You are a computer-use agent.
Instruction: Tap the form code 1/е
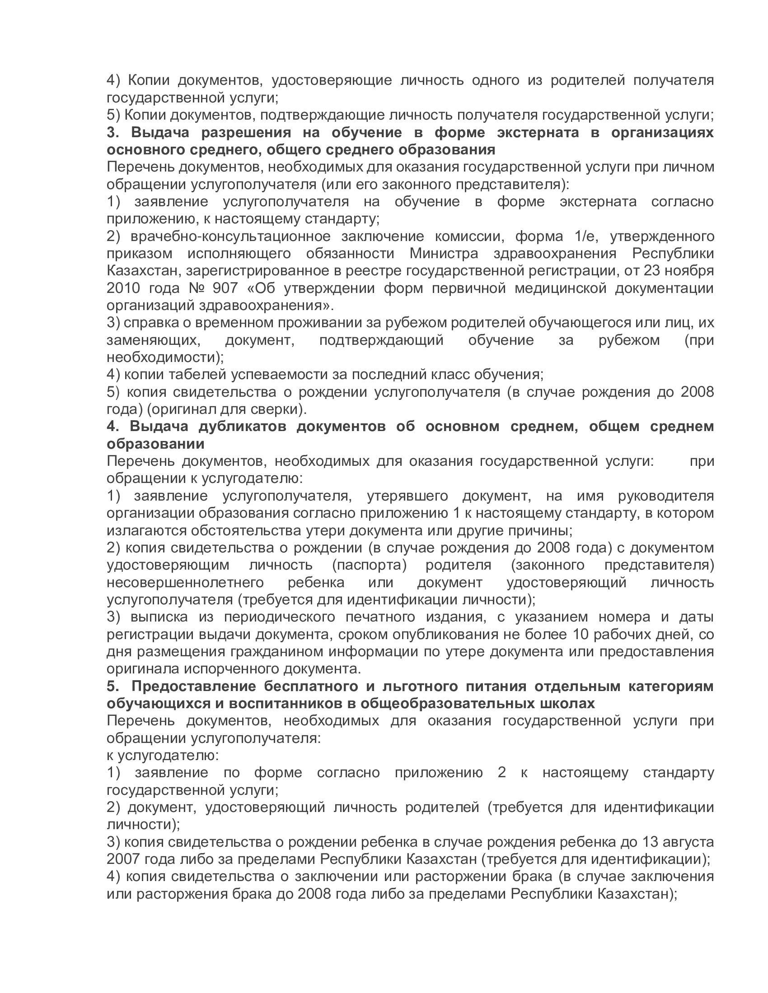point(575,236)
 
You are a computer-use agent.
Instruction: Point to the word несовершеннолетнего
point(185,582)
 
